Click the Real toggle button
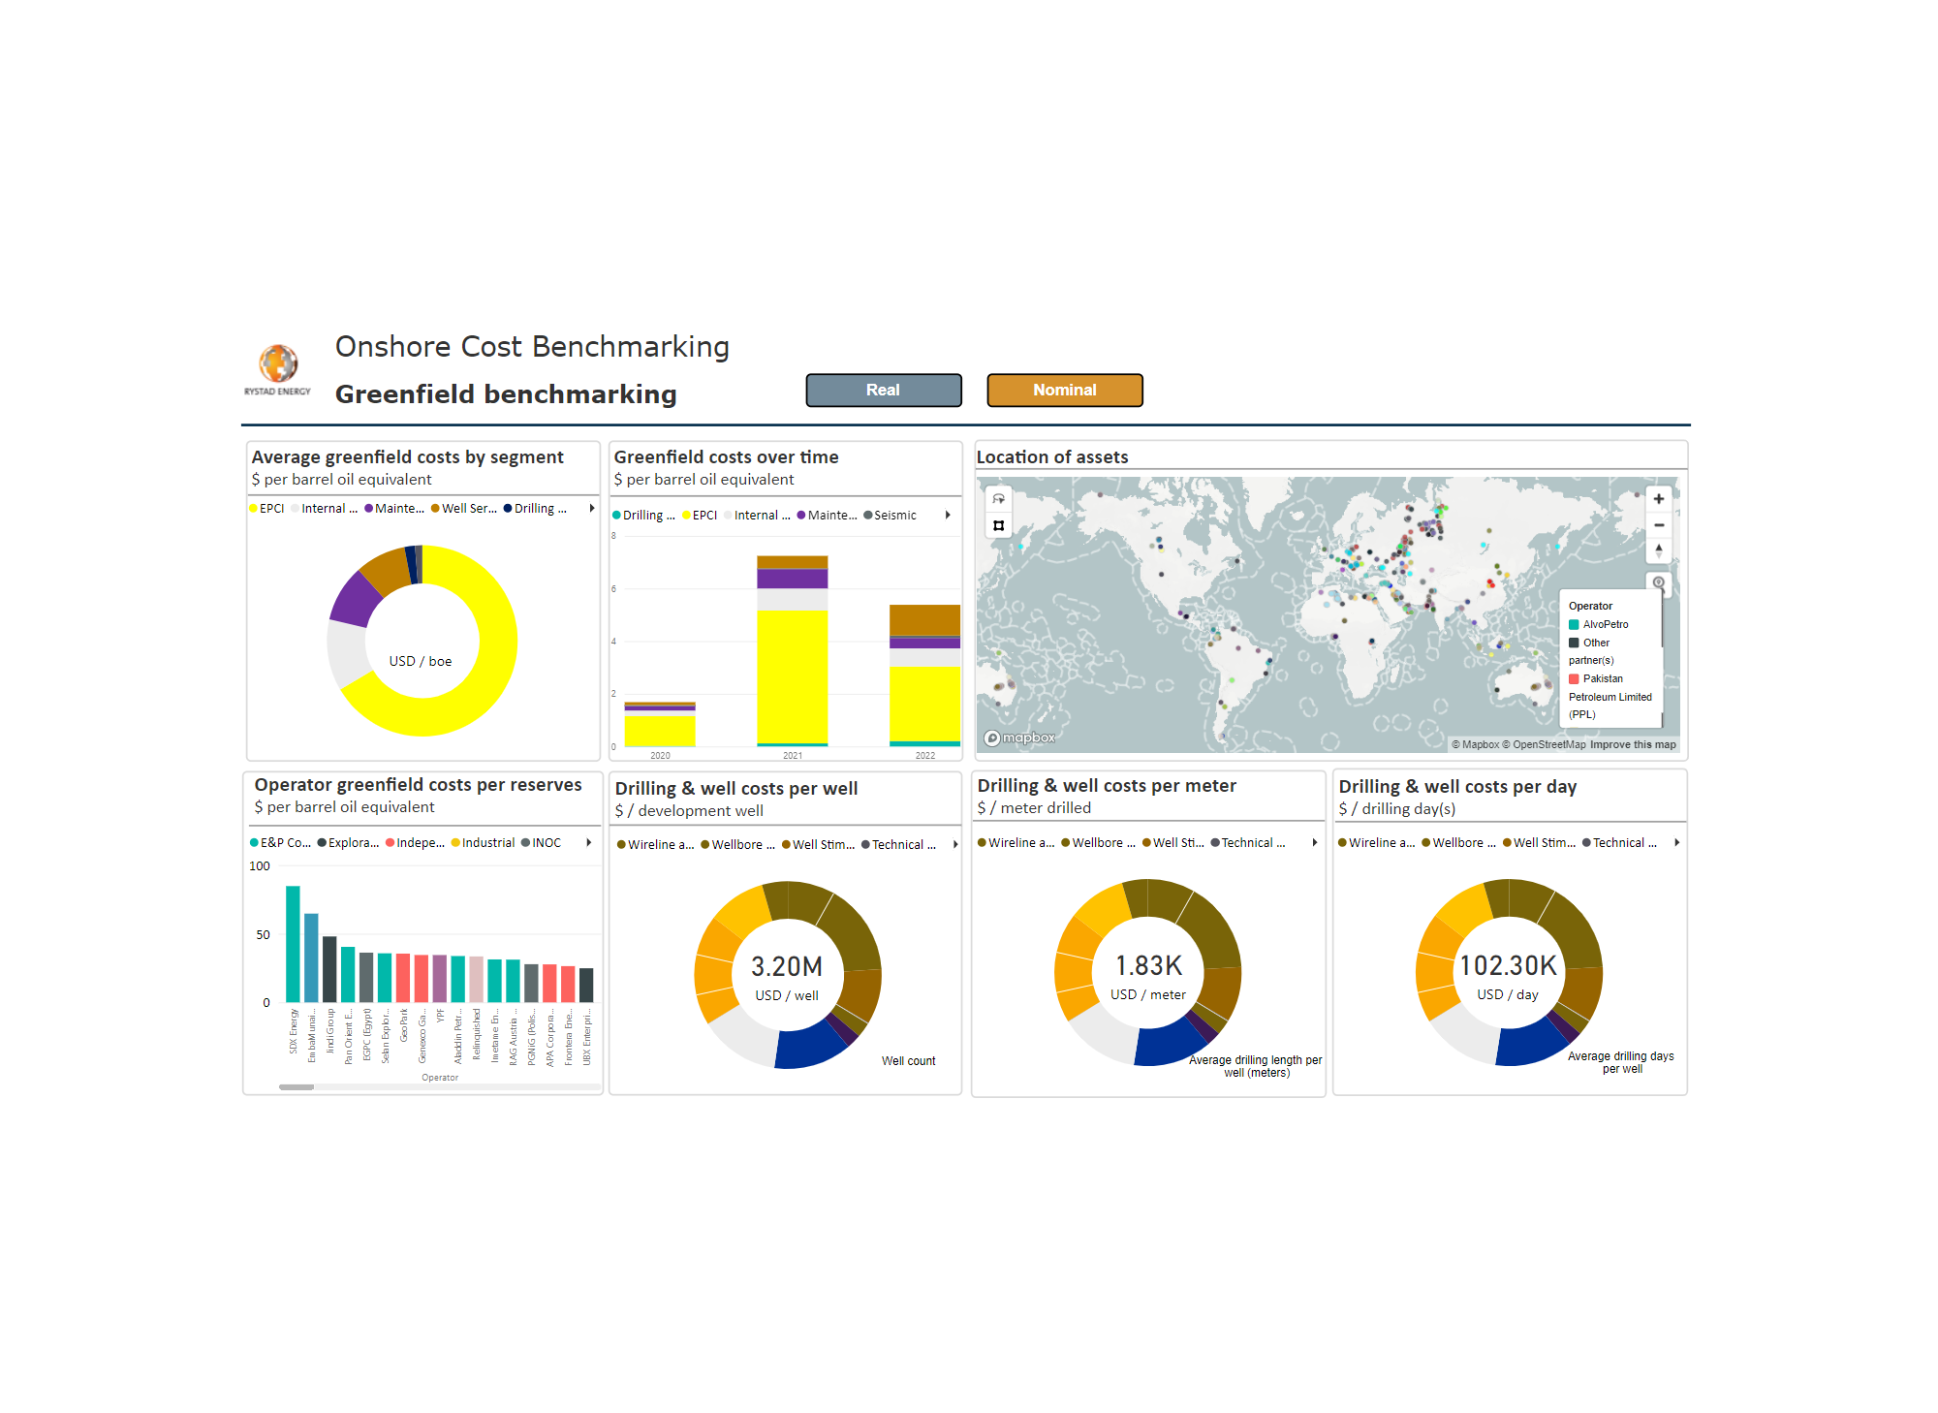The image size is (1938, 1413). (x=883, y=390)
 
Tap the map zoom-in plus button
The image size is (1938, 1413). (x=1658, y=499)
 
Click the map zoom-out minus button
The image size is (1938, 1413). (x=1658, y=525)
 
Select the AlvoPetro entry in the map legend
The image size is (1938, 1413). (x=1605, y=624)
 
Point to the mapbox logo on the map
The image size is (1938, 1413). (x=1019, y=738)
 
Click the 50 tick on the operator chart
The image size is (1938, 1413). (x=263, y=934)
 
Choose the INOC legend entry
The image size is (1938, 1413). (x=546, y=843)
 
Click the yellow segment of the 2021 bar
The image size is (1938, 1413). (x=792, y=675)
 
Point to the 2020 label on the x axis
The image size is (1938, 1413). (x=660, y=755)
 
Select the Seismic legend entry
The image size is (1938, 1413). (x=894, y=516)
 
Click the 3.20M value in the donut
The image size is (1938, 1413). (x=786, y=966)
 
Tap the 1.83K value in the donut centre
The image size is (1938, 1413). (x=1148, y=965)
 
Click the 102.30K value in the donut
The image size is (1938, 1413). (x=1508, y=965)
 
